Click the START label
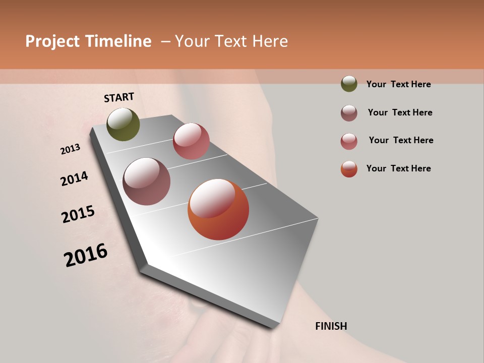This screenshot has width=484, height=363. (x=119, y=97)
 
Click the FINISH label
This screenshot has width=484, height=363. (x=331, y=326)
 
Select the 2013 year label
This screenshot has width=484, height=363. (x=71, y=149)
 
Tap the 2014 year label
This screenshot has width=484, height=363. (x=75, y=178)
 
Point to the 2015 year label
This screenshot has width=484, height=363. (x=78, y=214)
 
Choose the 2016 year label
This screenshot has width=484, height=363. (x=86, y=255)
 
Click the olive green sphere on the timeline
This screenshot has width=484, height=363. (x=124, y=124)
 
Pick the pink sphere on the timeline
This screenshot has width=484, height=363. (x=191, y=141)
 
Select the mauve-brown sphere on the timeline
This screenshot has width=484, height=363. (x=147, y=181)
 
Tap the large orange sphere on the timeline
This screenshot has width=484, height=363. (x=218, y=209)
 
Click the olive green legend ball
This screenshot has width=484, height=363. (x=349, y=84)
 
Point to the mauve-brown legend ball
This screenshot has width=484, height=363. (x=349, y=113)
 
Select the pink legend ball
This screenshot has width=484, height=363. (x=349, y=141)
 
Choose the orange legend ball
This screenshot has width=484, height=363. (x=349, y=169)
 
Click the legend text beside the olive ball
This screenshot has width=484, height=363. (x=398, y=84)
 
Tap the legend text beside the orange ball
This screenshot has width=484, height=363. (x=398, y=168)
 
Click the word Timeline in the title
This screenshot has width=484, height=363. (x=118, y=41)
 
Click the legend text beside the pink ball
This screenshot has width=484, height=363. (x=401, y=140)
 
